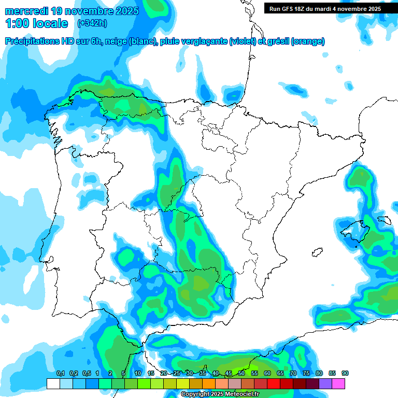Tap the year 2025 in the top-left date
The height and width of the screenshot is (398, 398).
click(x=125, y=10)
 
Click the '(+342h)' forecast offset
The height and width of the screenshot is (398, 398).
click(x=92, y=23)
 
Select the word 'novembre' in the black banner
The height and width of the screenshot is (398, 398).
click(x=350, y=8)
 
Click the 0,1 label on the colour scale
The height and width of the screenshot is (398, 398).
click(x=60, y=374)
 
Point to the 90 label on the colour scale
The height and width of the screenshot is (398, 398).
click(x=345, y=374)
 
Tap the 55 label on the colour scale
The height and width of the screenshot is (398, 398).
click(x=254, y=374)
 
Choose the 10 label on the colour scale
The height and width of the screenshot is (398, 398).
click(x=138, y=374)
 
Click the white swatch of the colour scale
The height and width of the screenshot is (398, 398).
click(x=53, y=383)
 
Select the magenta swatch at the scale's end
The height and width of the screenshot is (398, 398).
click(x=338, y=383)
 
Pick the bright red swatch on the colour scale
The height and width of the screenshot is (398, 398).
click(x=274, y=383)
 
